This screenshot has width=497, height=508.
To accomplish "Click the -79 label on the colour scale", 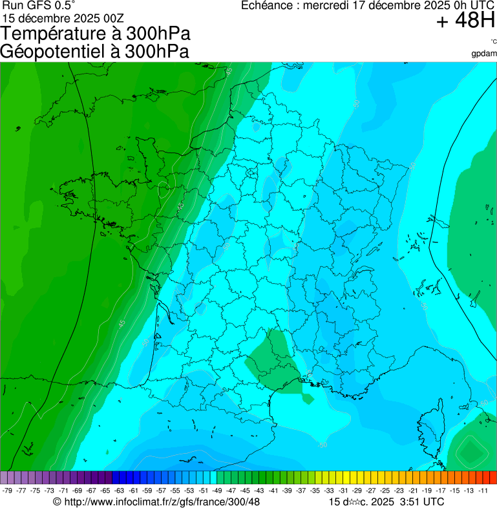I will [x=8, y=491].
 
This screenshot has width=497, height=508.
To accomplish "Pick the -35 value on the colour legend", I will [x=315, y=491].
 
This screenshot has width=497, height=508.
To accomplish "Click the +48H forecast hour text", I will [x=465, y=21].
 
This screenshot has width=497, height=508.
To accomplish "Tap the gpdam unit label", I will [x=484, y=53].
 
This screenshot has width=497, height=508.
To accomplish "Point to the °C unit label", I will [x=492, y=42].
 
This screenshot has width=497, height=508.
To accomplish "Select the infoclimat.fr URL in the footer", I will [x=162, y=502].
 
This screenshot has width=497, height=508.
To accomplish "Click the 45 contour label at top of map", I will [x=229, y=71].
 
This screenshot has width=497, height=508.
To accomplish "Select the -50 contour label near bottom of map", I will [x=322, y=445].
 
